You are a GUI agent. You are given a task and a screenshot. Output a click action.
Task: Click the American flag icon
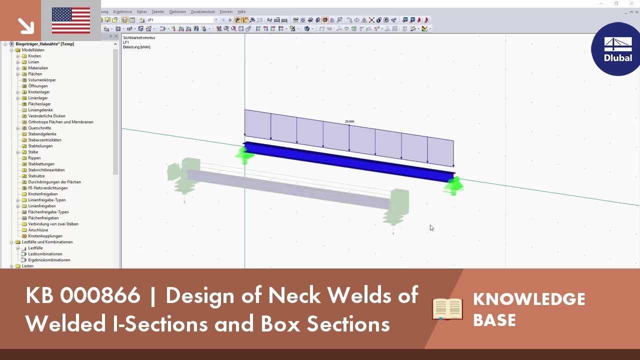coord(71,20)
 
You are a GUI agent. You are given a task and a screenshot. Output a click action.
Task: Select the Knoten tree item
coord(34,56)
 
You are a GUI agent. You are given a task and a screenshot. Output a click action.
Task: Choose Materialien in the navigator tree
coord(38,68)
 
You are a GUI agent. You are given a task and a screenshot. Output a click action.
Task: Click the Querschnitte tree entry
coord(39,128)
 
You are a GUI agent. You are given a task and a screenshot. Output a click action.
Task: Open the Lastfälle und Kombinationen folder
coord(47,242)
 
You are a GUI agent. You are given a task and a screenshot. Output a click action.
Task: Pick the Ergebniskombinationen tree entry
coord(49,260)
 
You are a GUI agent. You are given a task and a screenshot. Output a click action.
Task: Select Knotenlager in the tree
coord(39,92)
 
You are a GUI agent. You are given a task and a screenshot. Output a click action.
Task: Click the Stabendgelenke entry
coord(42,134)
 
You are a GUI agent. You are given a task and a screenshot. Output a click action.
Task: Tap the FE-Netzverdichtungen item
coord(48,188)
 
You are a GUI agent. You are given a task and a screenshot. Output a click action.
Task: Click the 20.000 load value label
coord(349,121)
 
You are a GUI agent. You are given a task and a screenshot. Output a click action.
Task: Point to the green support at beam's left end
coord(244,154)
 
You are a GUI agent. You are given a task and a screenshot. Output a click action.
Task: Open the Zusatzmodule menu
coord(202,11)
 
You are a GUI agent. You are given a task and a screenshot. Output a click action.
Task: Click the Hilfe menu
coord(241,11)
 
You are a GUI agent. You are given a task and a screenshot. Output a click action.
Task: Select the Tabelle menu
coord(157,11)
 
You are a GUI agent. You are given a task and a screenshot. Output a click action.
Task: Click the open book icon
coord(447,309)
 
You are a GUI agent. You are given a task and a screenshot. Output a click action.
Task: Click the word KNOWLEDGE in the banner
coord(529,299)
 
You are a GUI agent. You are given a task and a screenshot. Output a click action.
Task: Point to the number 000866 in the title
coord(100,295)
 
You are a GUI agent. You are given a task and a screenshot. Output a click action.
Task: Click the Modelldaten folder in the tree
coord(33,50)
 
